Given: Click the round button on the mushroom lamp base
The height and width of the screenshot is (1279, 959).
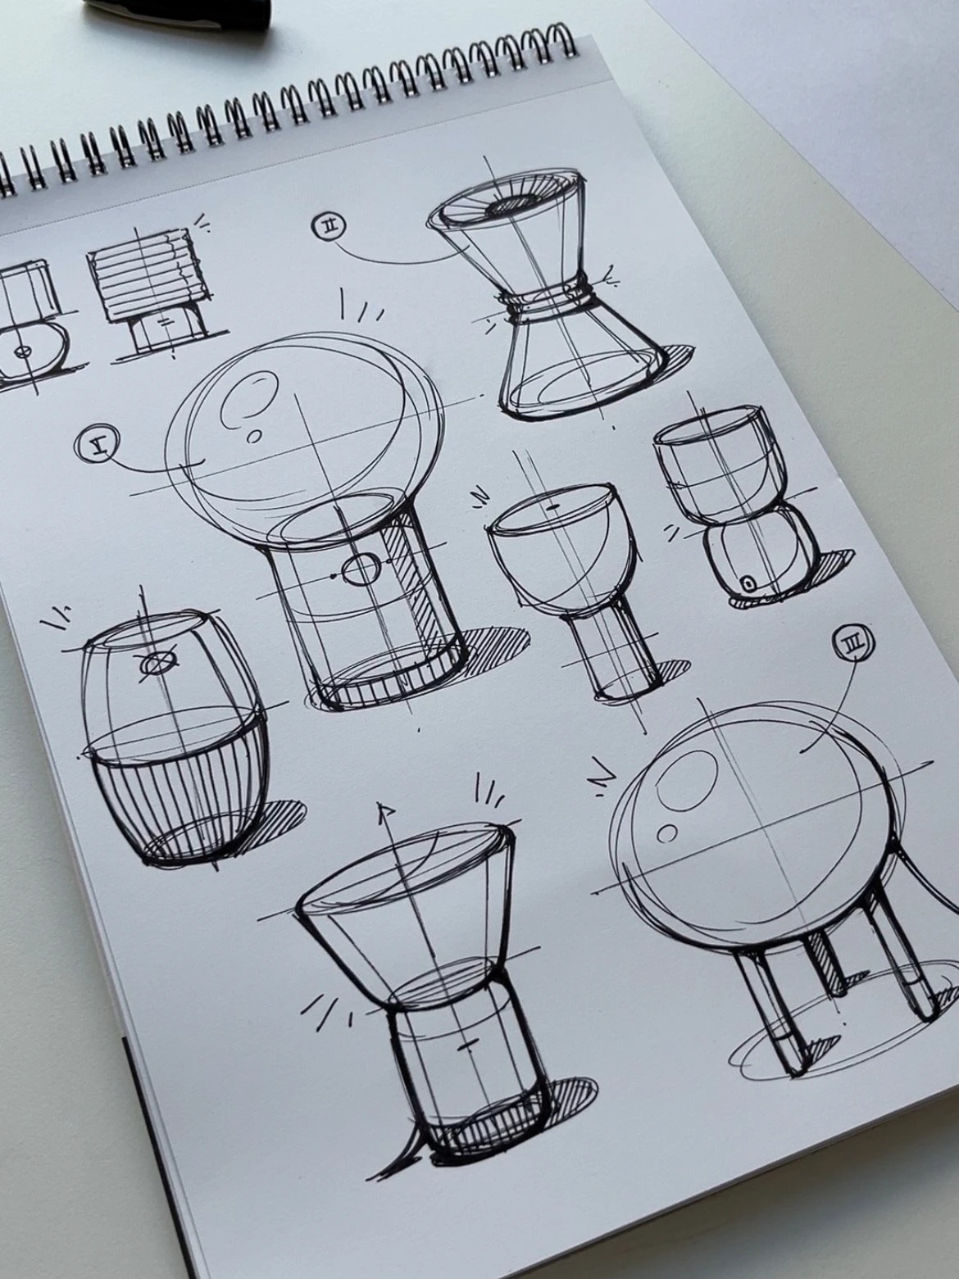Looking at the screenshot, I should click(361, 570).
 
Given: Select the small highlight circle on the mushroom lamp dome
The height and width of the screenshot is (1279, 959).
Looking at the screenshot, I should click(255, 437).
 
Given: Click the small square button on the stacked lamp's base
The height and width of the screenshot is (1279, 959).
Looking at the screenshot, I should click(748, 583).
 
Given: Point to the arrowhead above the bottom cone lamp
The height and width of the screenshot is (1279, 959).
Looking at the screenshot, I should click(382, 812).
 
